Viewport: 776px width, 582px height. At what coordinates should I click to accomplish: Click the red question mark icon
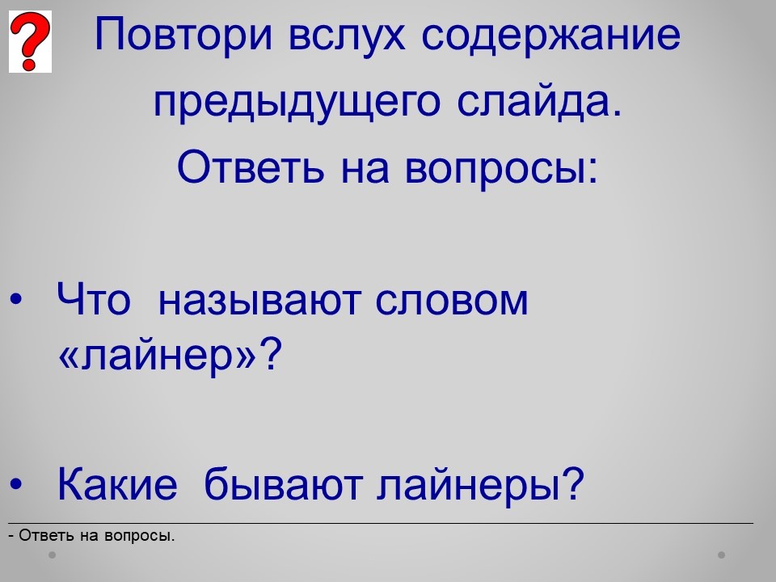[30, 41]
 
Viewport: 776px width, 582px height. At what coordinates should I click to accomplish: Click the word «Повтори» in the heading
[183, 35]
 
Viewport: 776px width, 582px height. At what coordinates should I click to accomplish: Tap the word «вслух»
[347, 35]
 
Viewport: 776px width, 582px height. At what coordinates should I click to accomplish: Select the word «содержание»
[550, 35]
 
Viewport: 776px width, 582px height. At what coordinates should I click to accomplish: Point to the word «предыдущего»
[297, 103]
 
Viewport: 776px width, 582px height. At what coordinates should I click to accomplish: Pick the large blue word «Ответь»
[251, 167]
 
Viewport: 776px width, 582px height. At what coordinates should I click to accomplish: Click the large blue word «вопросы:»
[501, 168]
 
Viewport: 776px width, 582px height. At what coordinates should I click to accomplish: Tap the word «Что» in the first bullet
[94, 299]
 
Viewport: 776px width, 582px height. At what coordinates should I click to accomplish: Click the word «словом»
[452, 301]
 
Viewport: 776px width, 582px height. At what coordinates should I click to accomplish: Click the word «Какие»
[117, 483]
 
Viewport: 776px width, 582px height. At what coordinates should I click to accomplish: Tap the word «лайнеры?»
[480, 483]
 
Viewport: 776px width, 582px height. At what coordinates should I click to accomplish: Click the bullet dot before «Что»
[16, 299]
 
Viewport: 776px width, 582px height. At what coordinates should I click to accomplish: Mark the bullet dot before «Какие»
[16, 483]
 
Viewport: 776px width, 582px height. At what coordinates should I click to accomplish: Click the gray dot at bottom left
[52, 555]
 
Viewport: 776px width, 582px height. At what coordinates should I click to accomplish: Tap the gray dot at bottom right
[722, 555]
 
